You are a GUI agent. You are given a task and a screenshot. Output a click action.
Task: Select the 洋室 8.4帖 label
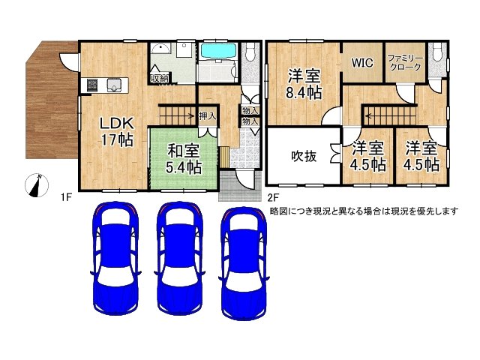pyautogui.click(x=304, y=84)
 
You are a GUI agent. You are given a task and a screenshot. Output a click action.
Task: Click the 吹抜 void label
pyautogui.click(x=302, y=157)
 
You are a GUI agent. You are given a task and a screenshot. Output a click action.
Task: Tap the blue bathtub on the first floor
pyautogui.click(x=218, y=53)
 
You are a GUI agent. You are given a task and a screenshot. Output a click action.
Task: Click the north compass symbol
pyautogui.click(x=34, y=185)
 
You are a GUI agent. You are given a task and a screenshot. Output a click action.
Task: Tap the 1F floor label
pyautogui.click(x=66, y=198)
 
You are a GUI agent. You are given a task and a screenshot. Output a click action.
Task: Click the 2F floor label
pyautogui.click(x=273, y=198)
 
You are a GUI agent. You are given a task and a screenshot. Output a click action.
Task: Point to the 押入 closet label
pyautogui.click(x=208, y=116)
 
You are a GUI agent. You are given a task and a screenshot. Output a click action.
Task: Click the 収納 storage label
pyautogui.click(x=159, y=77)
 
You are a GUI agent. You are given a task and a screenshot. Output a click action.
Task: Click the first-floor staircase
pyautogui.click(x=177, y=115)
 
